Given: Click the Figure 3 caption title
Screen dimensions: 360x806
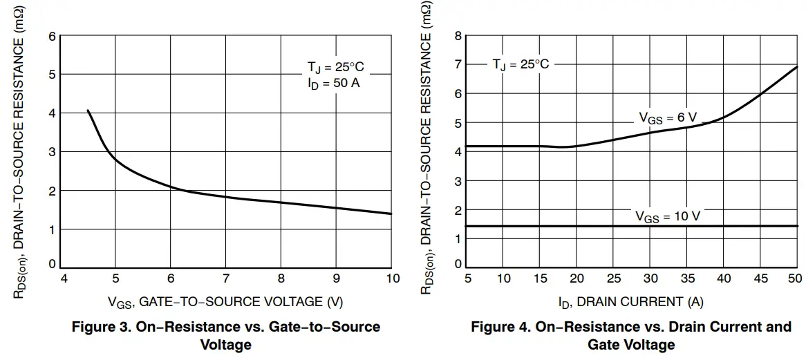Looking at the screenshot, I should pyautogui.click(x=226, y=334).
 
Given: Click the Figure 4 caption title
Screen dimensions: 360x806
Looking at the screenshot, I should pyautogui.click(x=630, y=334).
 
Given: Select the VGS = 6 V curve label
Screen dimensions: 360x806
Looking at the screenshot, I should pyautogui.click(x=667, y=118).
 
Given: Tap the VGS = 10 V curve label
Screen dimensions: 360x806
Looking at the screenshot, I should pyautogui.click(x=667, y=216).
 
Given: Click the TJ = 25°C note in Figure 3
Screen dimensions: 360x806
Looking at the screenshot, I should pyautogui.click(x=335, y=67).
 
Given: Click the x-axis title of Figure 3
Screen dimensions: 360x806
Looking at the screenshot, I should pyautogui.click(x=225, y=301).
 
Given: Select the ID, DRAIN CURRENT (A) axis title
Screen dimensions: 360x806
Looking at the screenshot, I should pyautogui.click(x=630, y=301).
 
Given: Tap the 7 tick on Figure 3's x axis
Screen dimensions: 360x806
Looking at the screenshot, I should pyautogui.click(x=226, y=279).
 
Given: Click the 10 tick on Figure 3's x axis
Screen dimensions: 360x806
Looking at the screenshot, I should pyautogui.click(x=391, y=279).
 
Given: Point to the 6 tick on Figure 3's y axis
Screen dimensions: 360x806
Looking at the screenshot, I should pyautogui.click(x=52, y=36).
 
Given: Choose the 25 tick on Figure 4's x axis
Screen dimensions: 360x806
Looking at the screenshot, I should pyautogui.click(x=613, y=278).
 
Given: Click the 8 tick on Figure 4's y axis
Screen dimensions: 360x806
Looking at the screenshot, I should pyautogui.click(x=457, y=35).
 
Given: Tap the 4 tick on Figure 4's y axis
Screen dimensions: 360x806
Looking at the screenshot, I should pyautogui.click(x=457, y=152).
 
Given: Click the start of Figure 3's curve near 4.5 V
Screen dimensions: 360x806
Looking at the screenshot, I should pyautogui.click(x=88, y=111).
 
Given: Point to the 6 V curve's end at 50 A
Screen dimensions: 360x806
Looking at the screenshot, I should pyautogui.click(x=798, y=67).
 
